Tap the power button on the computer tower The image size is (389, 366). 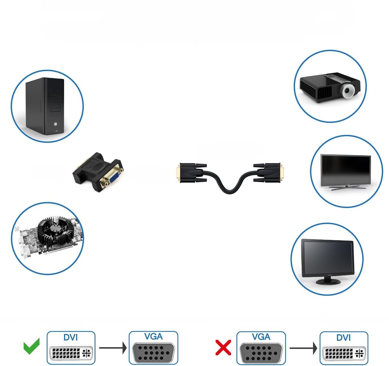tap(55, 124)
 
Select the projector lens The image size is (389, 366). tap(347, 90)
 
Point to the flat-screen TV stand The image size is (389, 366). tap(346, 188)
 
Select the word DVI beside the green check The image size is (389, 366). tap(71, 337)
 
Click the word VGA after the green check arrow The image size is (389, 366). tap(154, 336)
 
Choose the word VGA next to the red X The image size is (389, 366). tap(261, 337)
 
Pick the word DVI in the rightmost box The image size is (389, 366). tap(344, 338)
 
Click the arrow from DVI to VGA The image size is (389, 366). tap(113, 348)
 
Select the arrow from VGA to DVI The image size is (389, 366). tap(303, 348)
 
